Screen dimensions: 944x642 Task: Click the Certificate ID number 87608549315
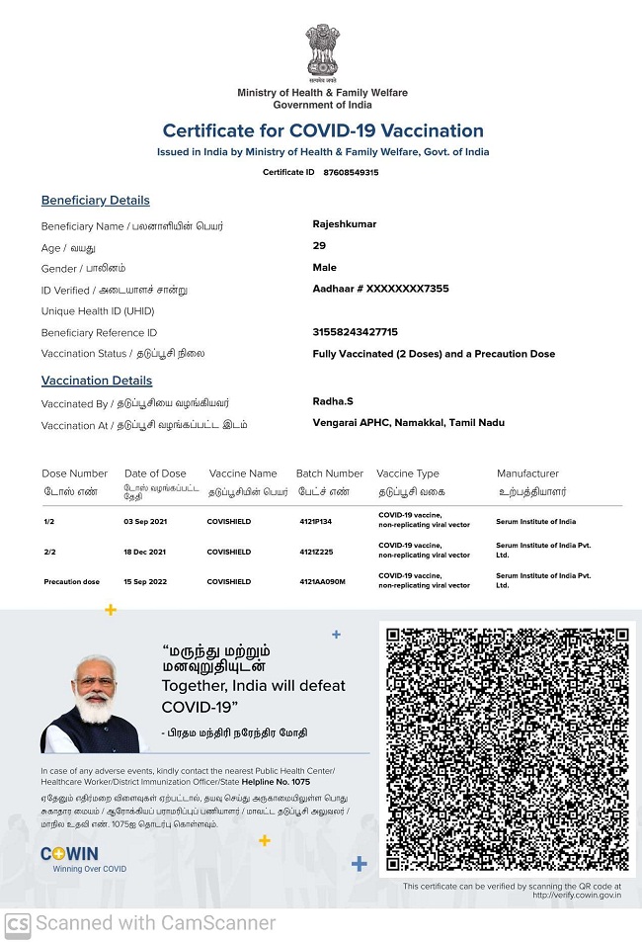coord(351,172)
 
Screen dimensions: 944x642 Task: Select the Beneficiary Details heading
coord(96,201)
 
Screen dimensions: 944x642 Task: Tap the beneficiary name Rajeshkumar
coord(345,224)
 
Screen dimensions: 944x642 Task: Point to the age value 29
coord(319,246)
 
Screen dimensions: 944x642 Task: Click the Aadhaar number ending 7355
coord(380,289)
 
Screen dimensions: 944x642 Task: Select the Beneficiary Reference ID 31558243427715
coord(355,332)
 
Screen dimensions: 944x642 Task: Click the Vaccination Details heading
coord(97,381)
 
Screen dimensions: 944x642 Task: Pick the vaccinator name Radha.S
coord(334,401)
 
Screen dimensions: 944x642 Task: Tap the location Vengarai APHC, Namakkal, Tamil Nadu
coord(408,423)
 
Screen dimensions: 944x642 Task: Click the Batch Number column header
coord(330,473)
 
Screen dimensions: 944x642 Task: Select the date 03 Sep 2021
coord(141,522)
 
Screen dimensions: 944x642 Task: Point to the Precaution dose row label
coord(72,582)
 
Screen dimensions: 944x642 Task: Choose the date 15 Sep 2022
coord(141,582)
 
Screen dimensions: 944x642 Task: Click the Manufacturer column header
coord(527,473)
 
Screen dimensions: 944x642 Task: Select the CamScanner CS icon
coord(17,924)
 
